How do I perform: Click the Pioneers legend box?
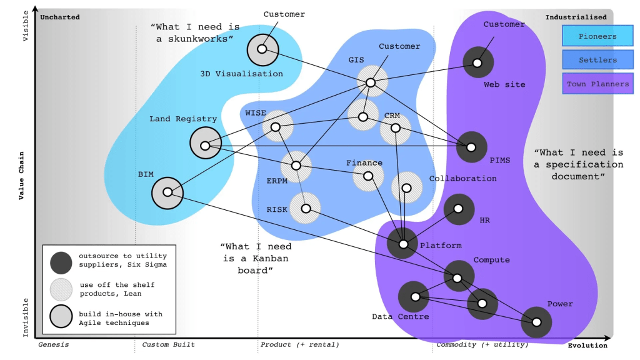(597, 36)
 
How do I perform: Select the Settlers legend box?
(597, 59)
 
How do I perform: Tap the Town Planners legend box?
(597, 84)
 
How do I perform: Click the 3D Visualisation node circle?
(263, 50)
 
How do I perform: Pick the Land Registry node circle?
(206, 143)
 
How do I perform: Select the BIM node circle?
(167, 193)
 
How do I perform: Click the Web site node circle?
(478, 62)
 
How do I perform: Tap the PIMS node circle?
(471, 147)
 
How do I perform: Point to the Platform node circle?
(402, 243)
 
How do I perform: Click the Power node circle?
(536, 322)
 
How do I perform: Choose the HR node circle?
(459, 209)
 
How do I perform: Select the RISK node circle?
(305, 208)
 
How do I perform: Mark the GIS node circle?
(372, 81)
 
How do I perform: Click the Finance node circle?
(368, 176)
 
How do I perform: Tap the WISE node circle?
(277, 126)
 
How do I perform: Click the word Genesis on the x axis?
(54, 344)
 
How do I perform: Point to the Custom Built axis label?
(168, 344)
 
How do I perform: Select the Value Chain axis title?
(21, 176)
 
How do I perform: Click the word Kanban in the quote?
(270, 258)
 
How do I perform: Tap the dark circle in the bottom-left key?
(61, 262)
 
